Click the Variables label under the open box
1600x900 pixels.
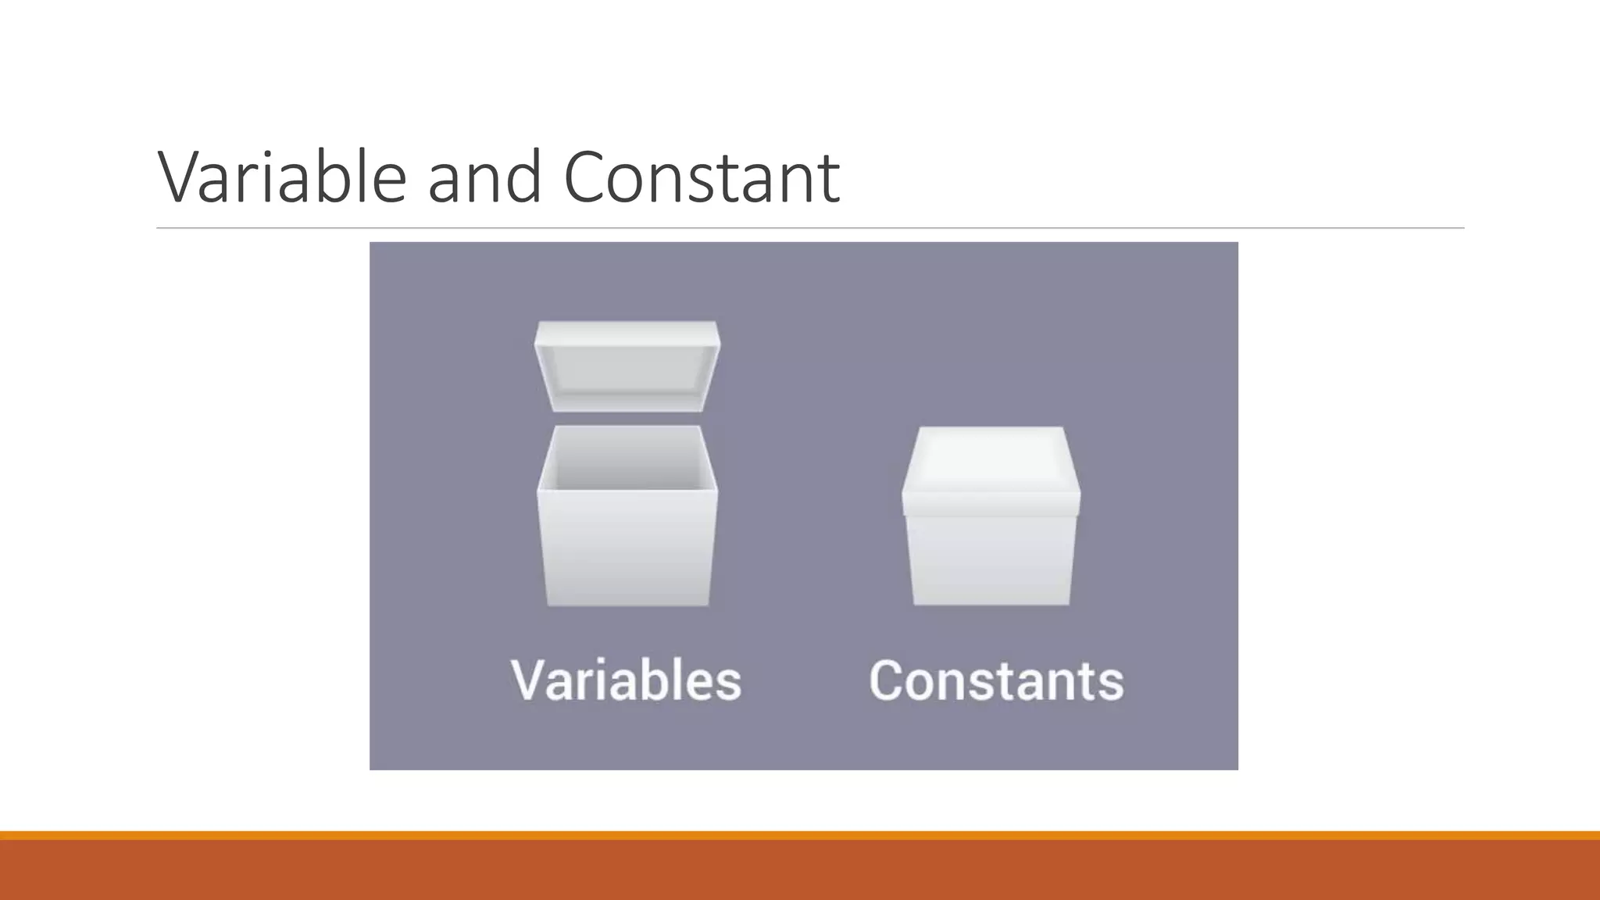click(x=626, y=680)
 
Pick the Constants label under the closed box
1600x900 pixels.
click(x=996, y=680)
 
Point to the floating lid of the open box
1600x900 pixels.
click(x=627, y=366)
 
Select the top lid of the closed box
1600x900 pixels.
click(x=991, y=465)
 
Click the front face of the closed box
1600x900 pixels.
click(x=991, y=559)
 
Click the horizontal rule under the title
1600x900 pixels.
click(x=810, y=228)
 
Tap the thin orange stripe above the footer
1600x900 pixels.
click(x=800, y=835)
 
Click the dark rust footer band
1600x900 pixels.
click(x=800, y=870)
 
